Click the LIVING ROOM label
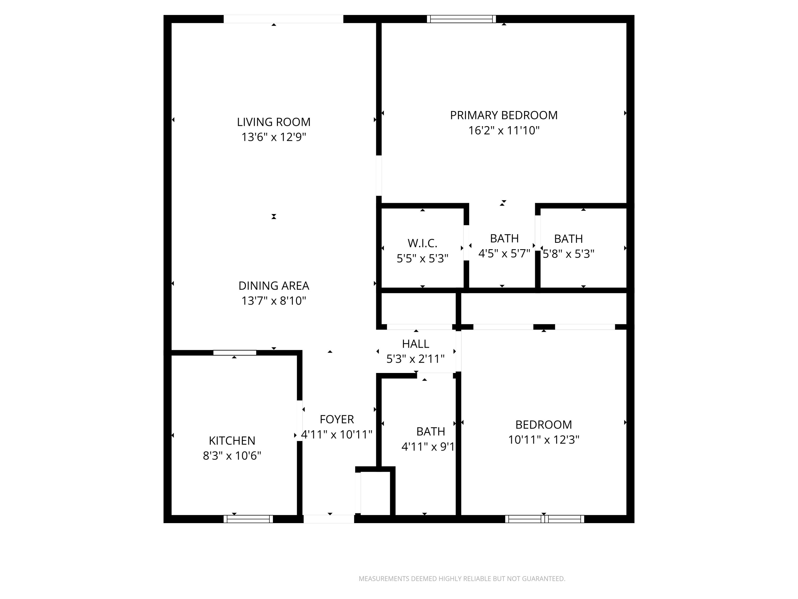[273, 122]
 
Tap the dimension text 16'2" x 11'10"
[504, 130]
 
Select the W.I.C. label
[422, 243]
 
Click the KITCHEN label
[232, 441]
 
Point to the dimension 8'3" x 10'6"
[232, 456]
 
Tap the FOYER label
[336, 419]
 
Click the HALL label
[415, 344]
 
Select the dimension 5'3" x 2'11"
[415, 359]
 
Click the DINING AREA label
[273, 286]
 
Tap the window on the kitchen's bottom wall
[248, 519]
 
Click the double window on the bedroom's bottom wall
[545, 519]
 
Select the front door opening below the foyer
[329, 519]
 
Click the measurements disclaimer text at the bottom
[462, 579]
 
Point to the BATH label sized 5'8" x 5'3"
[568, 239]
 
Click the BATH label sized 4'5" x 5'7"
[504, 238]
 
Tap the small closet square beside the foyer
[375, 493]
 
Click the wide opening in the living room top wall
[283, 19]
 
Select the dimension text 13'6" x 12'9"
[273, 137]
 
